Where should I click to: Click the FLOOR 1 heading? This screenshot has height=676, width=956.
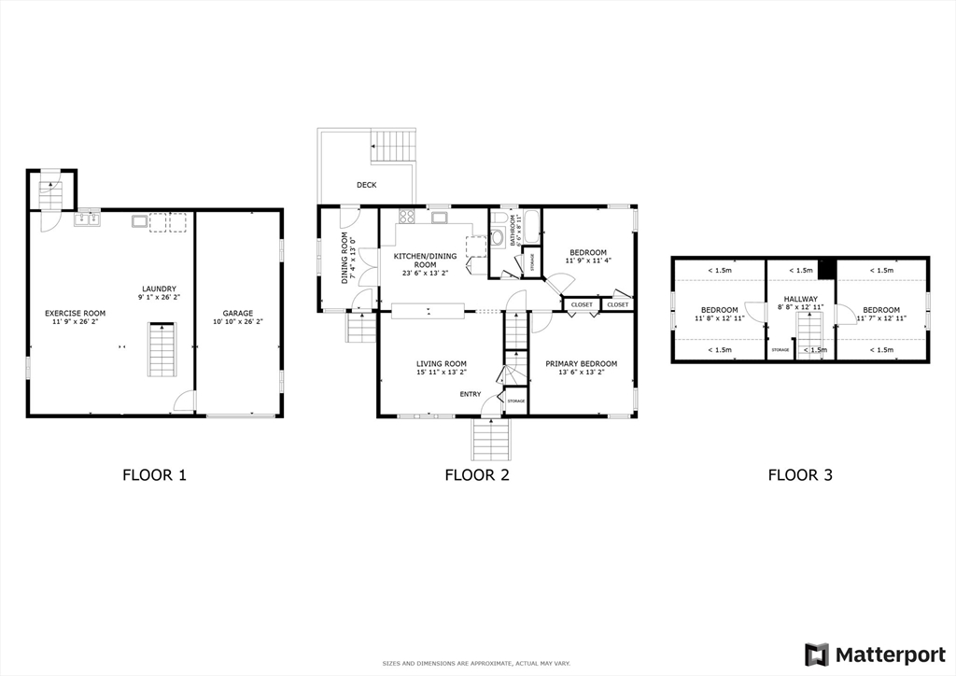coord(154,474)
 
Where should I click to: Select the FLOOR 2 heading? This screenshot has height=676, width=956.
coord(476,474)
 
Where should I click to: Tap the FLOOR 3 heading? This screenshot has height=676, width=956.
coord(800,474)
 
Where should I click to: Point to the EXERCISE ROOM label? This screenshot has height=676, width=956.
coord(76,314)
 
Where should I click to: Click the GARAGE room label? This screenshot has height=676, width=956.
coord(237,314)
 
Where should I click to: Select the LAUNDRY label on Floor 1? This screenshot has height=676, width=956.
coord(159,289)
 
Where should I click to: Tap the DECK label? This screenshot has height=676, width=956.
coord(366,185)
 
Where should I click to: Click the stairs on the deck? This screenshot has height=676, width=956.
coord(393,147)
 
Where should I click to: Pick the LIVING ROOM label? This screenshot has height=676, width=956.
coord(442,364)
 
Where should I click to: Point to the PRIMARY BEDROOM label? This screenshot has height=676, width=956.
coord(581,364)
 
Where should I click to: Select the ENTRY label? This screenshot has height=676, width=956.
coord(470,394)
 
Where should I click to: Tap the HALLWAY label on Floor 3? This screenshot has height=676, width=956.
coord(800,300)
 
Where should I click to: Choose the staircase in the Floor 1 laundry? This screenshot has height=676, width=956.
coord(162,349)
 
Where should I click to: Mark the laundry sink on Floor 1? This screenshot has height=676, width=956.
coord(88,219)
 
